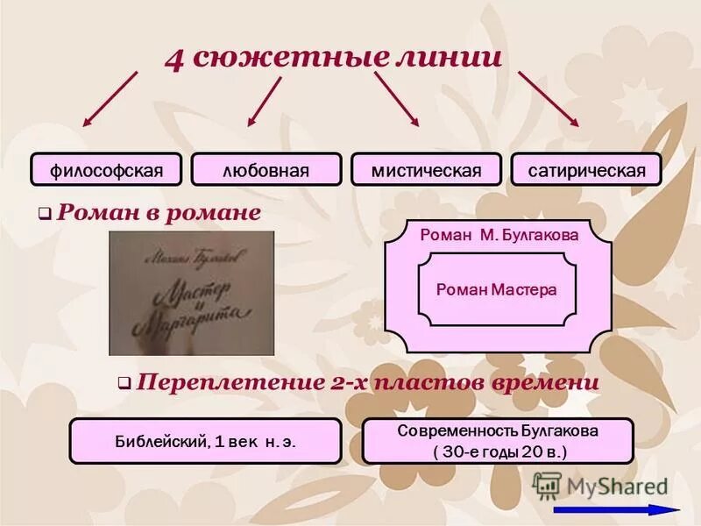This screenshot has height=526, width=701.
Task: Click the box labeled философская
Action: pos(106,169)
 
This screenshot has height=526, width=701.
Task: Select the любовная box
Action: pos(266,169)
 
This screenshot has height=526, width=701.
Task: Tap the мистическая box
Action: pos(426,169)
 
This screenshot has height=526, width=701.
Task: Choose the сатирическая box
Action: pos(586,169)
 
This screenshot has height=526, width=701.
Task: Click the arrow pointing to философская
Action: pos(110,98)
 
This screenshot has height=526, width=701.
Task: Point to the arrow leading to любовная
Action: pos(264,101)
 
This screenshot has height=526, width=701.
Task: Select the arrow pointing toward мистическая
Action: pos(397,98)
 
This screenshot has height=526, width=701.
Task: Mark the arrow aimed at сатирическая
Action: pos(549,98)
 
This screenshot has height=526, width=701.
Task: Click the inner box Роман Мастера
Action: pos(496,289)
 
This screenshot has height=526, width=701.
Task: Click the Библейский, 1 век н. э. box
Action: pos(205,441)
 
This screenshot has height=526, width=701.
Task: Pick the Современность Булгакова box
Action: pos(498,441)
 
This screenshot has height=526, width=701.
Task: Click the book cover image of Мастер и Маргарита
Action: pos(191,293)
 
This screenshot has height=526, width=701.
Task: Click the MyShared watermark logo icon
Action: pos(547,485)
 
